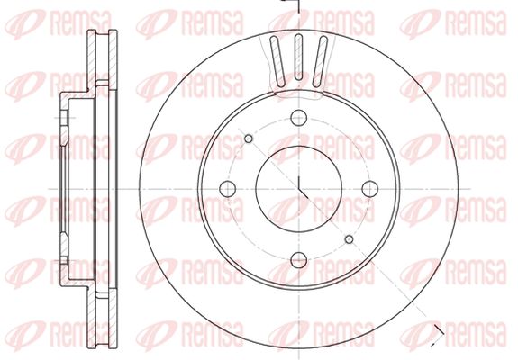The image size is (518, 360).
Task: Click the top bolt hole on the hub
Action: (x=299, y=118)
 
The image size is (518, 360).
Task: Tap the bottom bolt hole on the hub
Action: (x=299, y=260)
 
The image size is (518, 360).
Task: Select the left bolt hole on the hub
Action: (x=228, y=189)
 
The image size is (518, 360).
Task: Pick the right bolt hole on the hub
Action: (x=369, y=189)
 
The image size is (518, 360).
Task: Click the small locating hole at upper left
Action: (x=249, y=139)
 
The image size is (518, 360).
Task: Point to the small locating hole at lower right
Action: (x=349, y=239)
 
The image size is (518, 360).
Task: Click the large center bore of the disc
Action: (x=299, y=189)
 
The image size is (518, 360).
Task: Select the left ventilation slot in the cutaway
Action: (x=277, y=61)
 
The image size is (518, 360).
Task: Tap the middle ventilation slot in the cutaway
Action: (x=298, y=57)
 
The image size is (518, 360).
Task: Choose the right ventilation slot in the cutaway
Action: (x=320, y=61)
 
